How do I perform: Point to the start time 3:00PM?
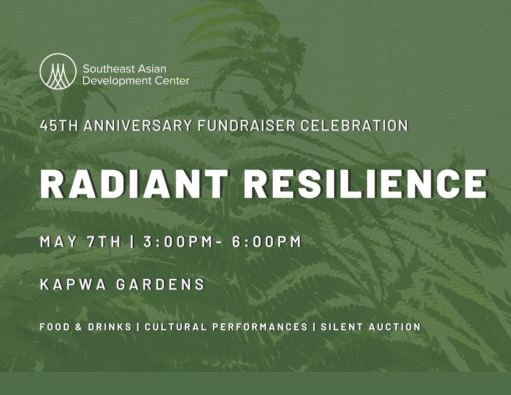click(x=178, y=242)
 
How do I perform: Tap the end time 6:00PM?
click(x=267, y=242)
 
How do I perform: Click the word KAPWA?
click(x=73, y=284)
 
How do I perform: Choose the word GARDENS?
click(x=161, y=284)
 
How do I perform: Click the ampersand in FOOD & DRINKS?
click(x=79, y=327)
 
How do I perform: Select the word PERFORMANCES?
click(x=260, y=327)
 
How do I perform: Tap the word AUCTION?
click(x=395, y=327)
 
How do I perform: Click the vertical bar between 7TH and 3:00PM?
click(x=132, y=242)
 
